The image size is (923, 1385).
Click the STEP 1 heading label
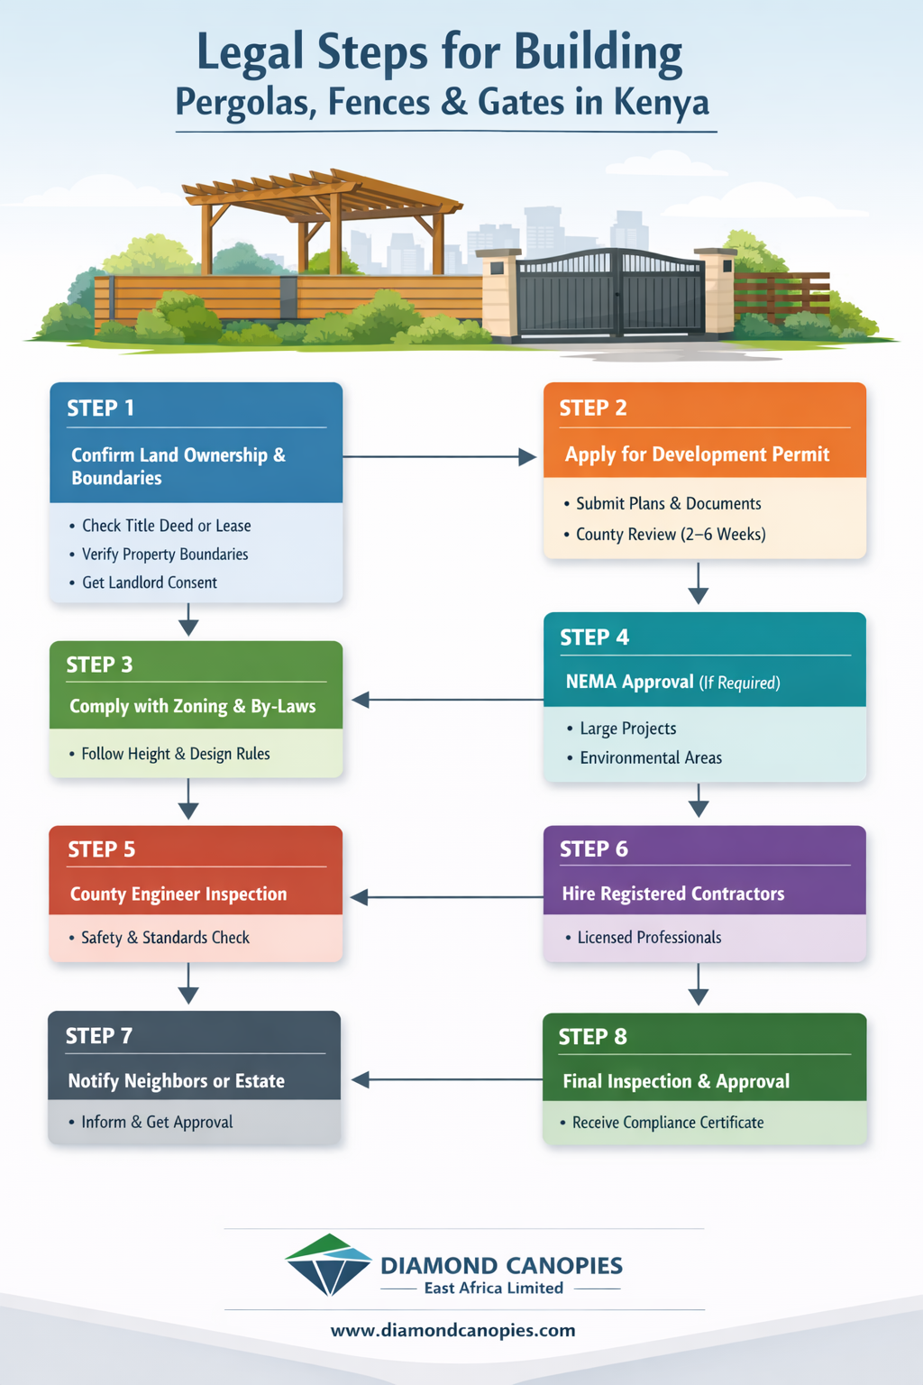(100, 408)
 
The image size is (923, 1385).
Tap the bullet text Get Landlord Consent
(149, 582)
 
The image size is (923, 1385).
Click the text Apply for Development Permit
(697, 454)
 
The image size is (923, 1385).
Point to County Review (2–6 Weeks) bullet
(670, 535)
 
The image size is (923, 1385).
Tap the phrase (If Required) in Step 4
(739, 683)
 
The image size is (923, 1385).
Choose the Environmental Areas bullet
(650, 758)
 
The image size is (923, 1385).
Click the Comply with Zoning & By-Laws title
(192, 706)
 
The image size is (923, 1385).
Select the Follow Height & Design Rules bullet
(175, 754)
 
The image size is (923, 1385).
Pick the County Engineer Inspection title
(178, 894)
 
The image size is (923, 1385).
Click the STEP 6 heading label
(593, 849)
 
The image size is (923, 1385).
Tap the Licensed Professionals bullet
(648, 938)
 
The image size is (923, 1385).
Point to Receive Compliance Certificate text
(667, 1123)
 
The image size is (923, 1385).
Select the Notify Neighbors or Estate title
(176, 1081)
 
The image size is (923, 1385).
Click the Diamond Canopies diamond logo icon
(328, 1265)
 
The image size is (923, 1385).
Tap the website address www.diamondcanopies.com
(452, 1331)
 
